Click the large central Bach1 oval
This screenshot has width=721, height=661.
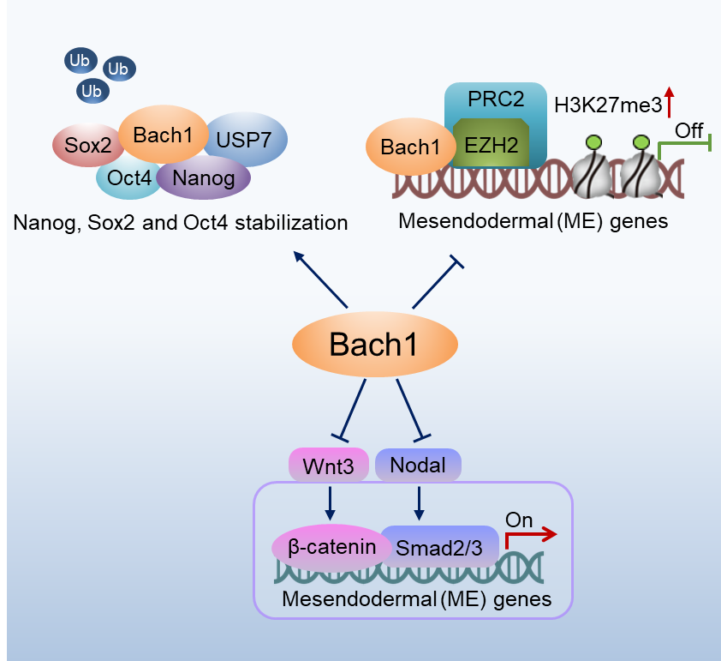[375, 345]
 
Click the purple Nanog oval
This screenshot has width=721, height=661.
[204, 177]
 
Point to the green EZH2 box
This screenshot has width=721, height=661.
[492, 143]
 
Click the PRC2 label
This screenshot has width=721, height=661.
[496, 99]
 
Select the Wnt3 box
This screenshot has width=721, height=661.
[328, 465]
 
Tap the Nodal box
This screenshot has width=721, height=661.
[418, 465]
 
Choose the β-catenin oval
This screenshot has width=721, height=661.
[331, 547]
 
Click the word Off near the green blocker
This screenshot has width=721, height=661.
[688, 130]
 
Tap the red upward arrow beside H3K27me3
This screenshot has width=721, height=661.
[670, 102]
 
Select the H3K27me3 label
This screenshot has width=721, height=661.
[608, 105]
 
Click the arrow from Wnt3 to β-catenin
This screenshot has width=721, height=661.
[330, 503]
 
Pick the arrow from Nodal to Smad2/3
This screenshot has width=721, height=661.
[419, 503]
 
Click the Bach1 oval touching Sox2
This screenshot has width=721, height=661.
[164, 134]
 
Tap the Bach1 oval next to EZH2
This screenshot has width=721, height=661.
[411, 147]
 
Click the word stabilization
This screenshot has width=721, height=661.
[291, 223]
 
